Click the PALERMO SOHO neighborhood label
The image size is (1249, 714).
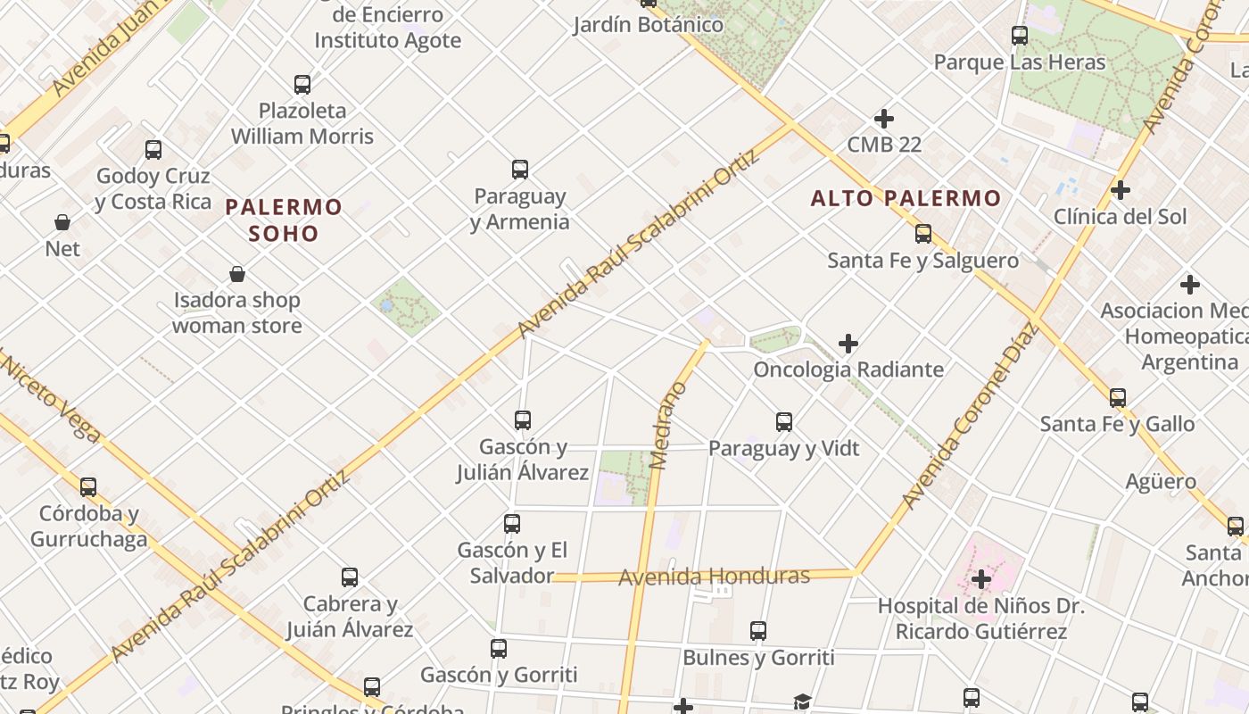284,220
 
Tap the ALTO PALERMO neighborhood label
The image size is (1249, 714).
906,198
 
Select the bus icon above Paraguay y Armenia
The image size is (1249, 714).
520,169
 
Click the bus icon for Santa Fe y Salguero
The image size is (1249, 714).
923,234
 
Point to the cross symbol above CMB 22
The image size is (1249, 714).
884,119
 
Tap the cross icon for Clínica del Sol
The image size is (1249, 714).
1121,190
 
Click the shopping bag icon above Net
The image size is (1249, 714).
62,222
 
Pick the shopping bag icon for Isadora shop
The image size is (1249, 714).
237,274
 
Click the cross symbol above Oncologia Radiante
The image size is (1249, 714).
848,344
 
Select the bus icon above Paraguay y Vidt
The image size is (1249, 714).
784,422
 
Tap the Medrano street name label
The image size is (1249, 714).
668,426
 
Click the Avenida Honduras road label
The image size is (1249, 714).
714,577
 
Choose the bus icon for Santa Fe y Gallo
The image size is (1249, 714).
1118,398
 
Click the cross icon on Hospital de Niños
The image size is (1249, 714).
981,579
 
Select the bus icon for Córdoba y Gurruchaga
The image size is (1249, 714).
88,487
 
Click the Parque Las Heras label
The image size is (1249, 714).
1020,62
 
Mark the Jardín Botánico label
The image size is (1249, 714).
648,25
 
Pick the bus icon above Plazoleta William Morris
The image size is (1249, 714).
302,85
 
